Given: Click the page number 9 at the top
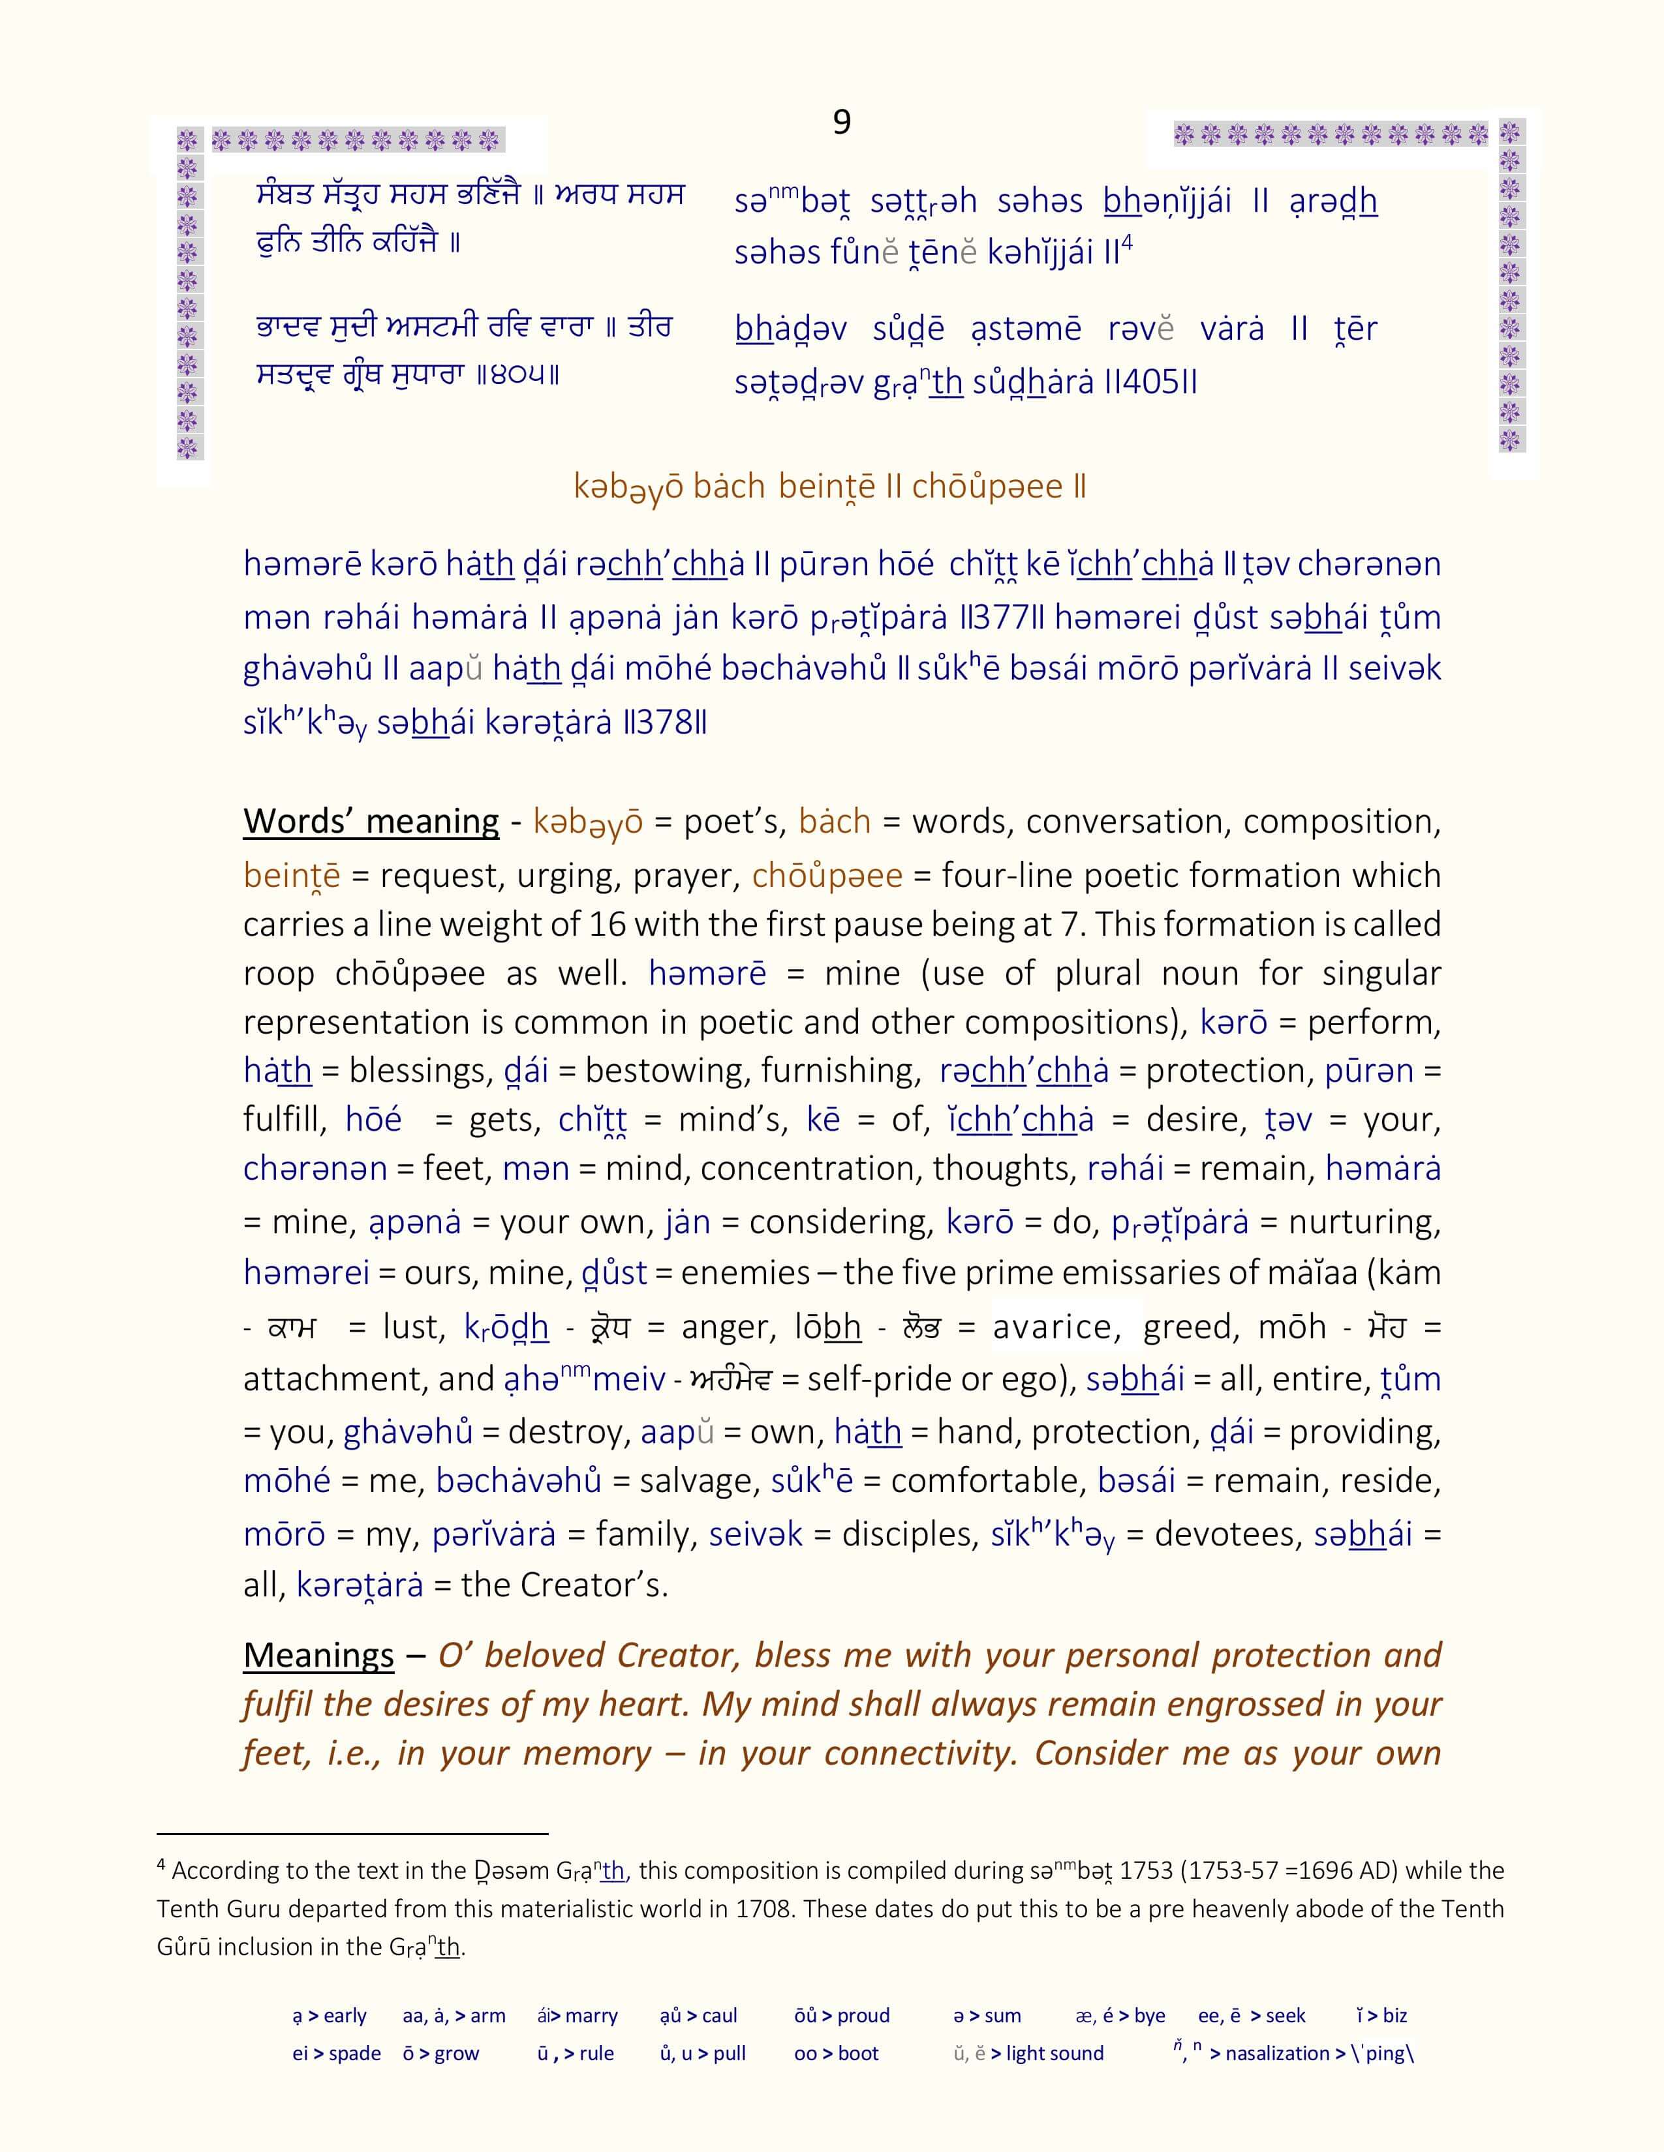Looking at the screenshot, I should (841, 121).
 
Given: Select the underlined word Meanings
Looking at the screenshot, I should (318, 1654).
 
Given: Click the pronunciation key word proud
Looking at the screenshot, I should (863, 2016).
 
